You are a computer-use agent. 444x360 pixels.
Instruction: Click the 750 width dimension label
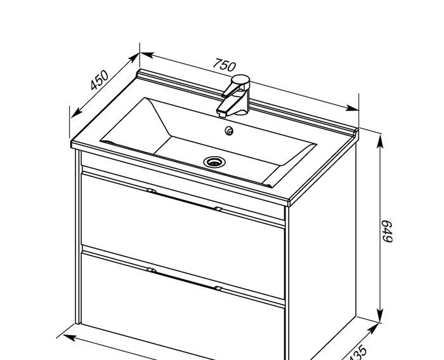[x=224, y=65]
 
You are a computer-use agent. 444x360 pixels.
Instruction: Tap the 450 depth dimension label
[x=100, y=80]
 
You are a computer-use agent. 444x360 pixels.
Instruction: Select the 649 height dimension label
[x=387, y=231]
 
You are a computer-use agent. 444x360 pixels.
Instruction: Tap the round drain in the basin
[x=214, y=162]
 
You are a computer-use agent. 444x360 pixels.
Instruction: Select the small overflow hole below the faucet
[x=229, y=131]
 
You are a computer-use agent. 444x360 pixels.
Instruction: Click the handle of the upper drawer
[x=185, y=199]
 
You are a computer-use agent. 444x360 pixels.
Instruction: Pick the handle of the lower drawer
[x=185, y=279]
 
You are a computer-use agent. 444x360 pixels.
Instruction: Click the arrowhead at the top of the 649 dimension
[x=381, y=141]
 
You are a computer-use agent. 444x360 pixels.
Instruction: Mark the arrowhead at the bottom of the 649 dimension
[x=381, y=316]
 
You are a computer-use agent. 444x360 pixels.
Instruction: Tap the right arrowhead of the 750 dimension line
[x=352, y=108]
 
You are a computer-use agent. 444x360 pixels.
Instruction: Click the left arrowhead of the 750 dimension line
[x=147, y=55]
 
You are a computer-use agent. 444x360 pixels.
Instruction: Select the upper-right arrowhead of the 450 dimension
[x=134, y=58]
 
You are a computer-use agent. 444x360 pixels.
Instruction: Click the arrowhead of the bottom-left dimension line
[x=70, y=337]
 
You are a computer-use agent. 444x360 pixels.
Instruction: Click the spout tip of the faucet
[x=222, y=114]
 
